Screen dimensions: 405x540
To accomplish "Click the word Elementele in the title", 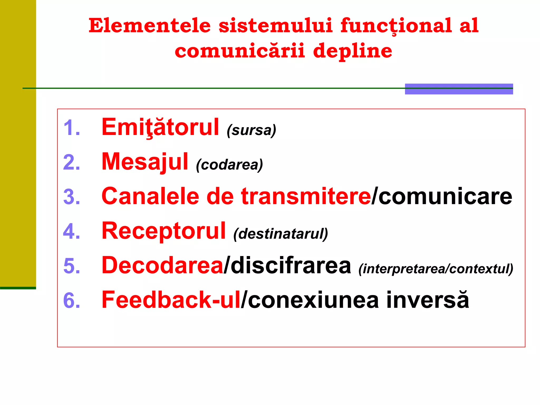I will coord(150,26).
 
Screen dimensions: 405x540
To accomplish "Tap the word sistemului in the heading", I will coord(275,26).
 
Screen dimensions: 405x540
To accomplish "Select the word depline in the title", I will coord(353,51).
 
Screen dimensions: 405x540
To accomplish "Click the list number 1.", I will coord(71,128).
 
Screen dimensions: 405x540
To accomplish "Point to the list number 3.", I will coord(71,197).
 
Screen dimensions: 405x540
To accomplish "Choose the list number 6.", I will coord(71,300).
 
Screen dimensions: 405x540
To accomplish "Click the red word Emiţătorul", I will coord(160,127).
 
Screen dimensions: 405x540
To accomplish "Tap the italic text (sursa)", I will coord(251,130).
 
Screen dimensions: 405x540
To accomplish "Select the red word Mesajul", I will coord(145,162).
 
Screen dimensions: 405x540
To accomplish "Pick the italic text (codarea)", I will coord(229,165).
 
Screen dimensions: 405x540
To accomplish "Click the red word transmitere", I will coord(306,196).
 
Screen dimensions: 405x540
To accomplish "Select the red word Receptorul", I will coord(164,231).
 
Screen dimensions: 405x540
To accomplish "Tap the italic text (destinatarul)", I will coord(281,234).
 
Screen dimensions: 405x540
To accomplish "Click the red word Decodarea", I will coord(162,266).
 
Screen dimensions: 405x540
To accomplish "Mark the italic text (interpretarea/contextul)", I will coord(436,269).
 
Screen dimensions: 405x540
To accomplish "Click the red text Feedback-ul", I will coord(171,300).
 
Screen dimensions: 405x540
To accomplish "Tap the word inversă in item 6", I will coord(427,300).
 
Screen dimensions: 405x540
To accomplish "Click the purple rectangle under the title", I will coord(459,89).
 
